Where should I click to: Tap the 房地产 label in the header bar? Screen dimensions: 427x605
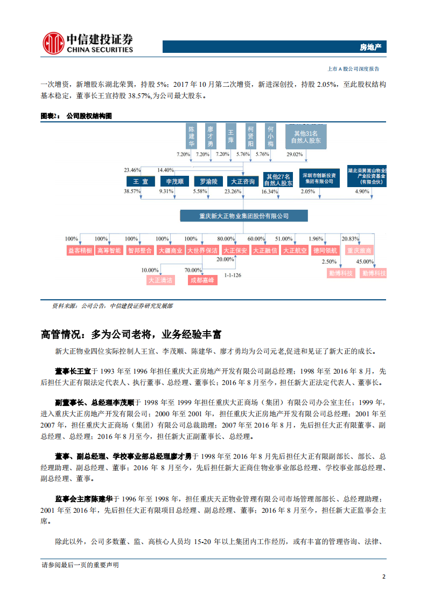click(370, 47)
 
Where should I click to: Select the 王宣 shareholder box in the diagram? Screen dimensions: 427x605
click(141, 182)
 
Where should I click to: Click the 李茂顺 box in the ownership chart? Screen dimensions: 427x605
click(174, 182)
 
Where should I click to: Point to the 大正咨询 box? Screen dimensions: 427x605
click(241, 182)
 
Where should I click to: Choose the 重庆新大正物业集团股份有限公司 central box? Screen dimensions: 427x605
click(244, 216)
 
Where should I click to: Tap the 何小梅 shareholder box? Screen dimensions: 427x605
click(271, 136)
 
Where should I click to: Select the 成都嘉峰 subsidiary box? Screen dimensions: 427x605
click(201, 280)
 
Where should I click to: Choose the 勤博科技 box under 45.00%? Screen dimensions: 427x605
click(374, 273)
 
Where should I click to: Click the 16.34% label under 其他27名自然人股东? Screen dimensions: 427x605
click(269, 191)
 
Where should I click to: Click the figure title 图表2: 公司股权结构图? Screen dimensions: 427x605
click(77, 116)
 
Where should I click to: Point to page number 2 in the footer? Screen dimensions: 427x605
click(383, 576)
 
